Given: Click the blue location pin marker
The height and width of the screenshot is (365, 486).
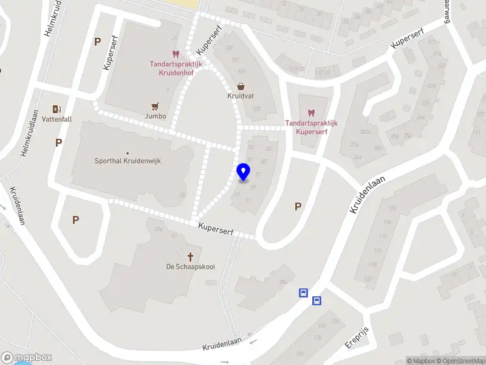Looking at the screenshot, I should [244, 172].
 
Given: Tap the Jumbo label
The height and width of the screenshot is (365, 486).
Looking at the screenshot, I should [156, 116].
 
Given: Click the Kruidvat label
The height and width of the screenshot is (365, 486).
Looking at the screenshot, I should [241, 96].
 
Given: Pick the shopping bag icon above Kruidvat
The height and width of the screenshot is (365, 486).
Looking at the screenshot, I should [241, 86].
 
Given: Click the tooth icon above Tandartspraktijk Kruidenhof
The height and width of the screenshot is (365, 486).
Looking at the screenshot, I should [176, 54].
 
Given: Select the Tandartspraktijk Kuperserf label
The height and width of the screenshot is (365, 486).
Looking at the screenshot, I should [312, 127].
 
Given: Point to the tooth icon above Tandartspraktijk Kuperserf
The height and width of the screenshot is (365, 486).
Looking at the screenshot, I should [312, 113].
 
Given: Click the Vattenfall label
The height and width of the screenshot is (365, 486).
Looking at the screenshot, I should [57, 119].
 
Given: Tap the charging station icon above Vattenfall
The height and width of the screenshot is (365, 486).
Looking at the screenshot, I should [57, 109].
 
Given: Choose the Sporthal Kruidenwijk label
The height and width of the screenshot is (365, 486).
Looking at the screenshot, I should [128, 161].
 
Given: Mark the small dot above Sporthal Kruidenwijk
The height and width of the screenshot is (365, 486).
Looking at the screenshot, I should [128, 153].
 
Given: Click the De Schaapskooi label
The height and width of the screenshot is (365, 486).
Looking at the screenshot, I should [191, 266].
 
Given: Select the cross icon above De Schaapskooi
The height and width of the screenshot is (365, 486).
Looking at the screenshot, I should [191, 256].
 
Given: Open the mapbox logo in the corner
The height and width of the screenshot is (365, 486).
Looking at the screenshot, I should [26, 358].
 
